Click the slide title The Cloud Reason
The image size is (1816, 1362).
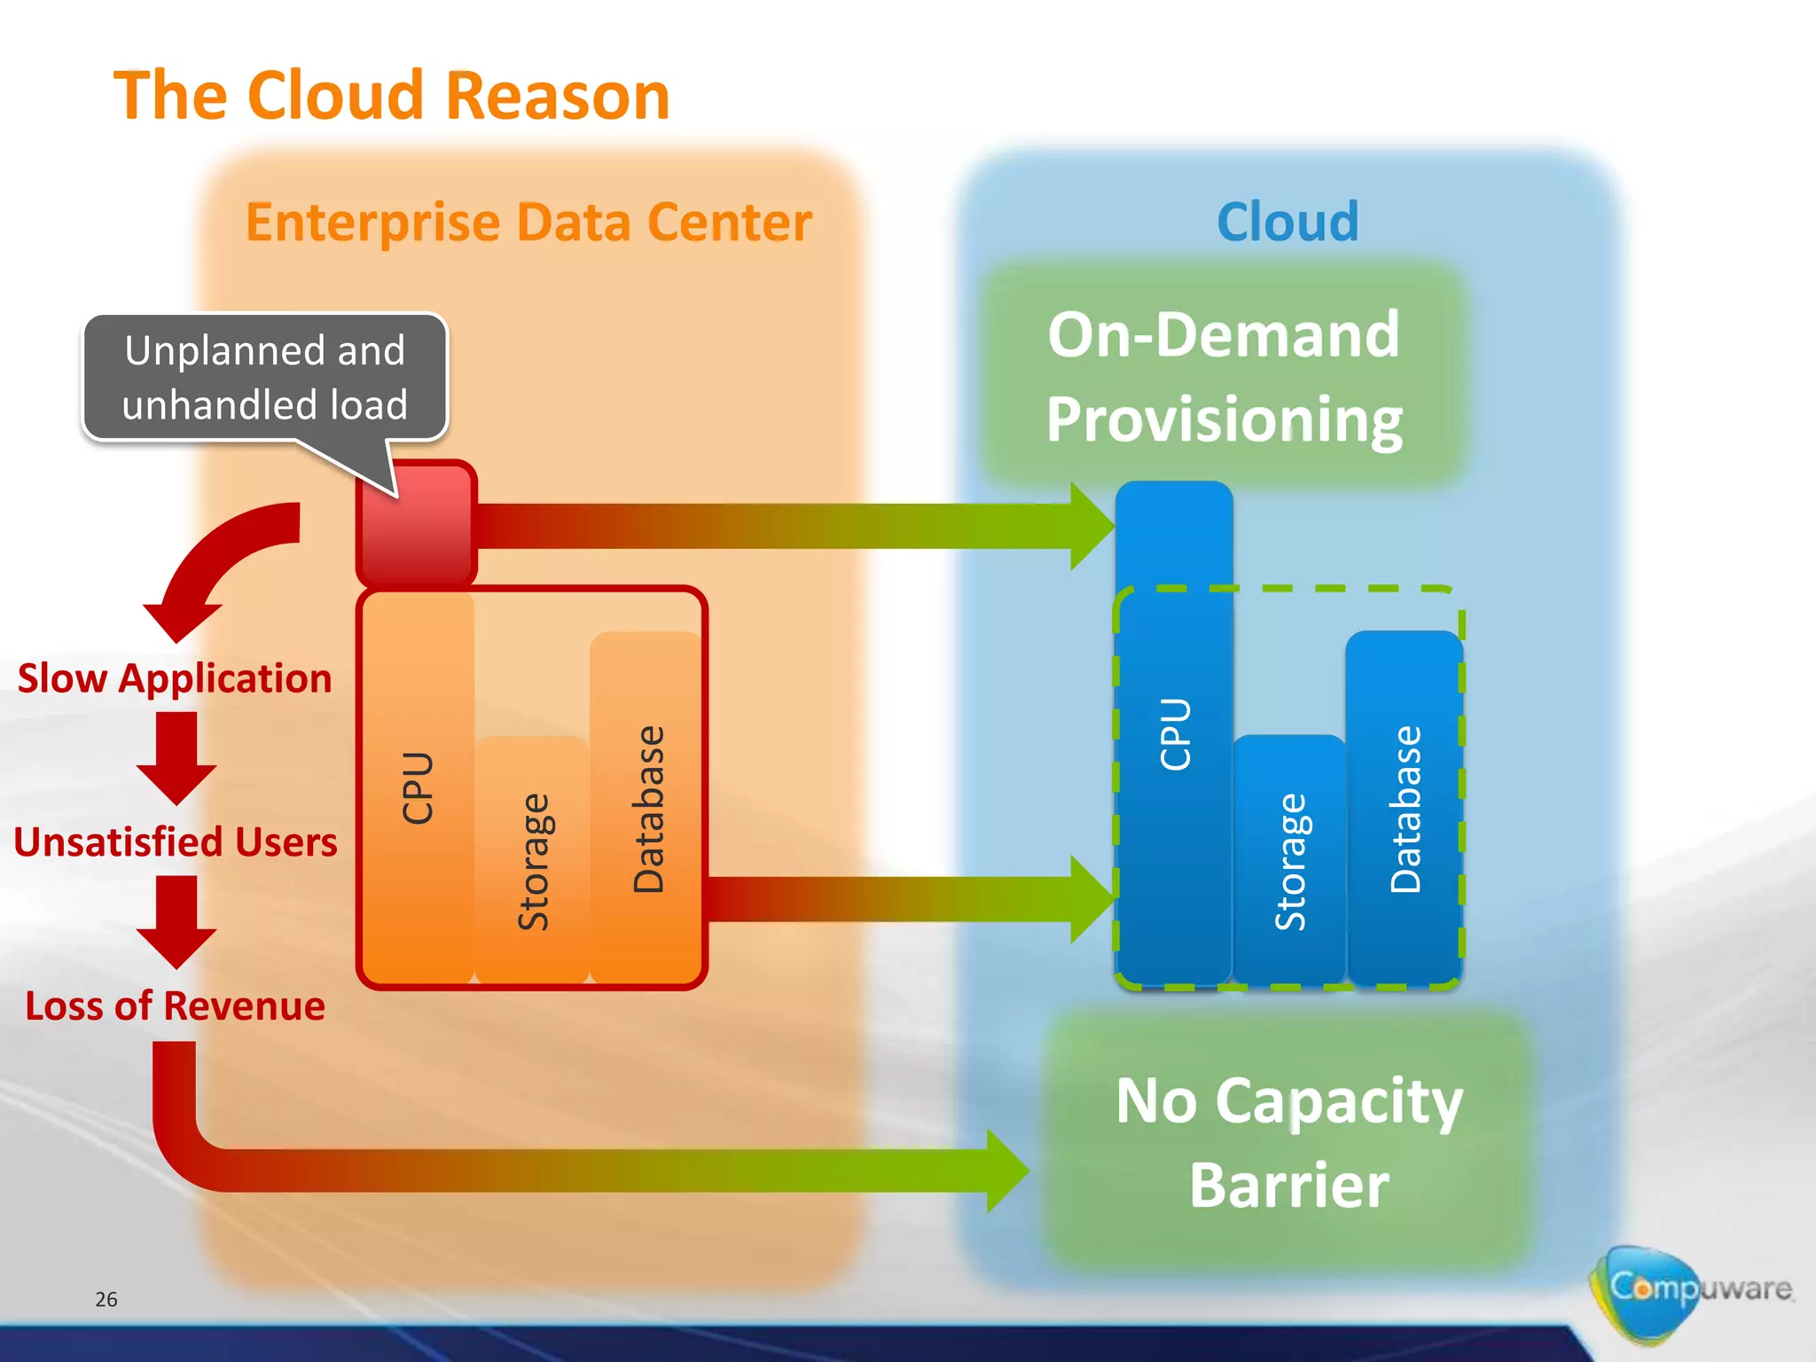click(391, 96)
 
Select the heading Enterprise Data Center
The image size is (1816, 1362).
click(528, 222)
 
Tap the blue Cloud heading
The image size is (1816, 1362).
click(1288, 222)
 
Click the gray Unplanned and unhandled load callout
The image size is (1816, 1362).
click(265, 378)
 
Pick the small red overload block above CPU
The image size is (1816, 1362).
click(416, 523)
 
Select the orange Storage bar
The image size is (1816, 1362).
click(532, 860)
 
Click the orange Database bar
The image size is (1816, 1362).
click(647, 807)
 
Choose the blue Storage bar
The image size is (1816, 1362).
click(1289, 860)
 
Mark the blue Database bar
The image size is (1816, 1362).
click(1405, 807)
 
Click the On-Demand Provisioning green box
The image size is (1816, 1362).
click(1224, 376)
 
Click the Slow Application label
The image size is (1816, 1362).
click(175, 678)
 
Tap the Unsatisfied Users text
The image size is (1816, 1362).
click(176, 842)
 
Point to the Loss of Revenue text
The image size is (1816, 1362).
click(175, 1006)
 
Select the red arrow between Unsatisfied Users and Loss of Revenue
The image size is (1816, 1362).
click(176, 922)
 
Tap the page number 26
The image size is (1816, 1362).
click(106, 1300)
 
